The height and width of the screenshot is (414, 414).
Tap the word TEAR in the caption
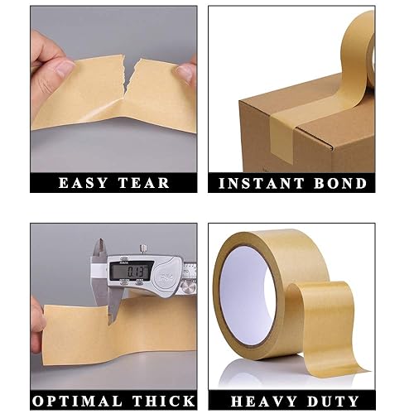point(146,182)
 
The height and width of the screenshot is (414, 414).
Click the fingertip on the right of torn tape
point(187,72)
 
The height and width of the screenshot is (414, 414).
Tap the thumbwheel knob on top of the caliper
point(143,248)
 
